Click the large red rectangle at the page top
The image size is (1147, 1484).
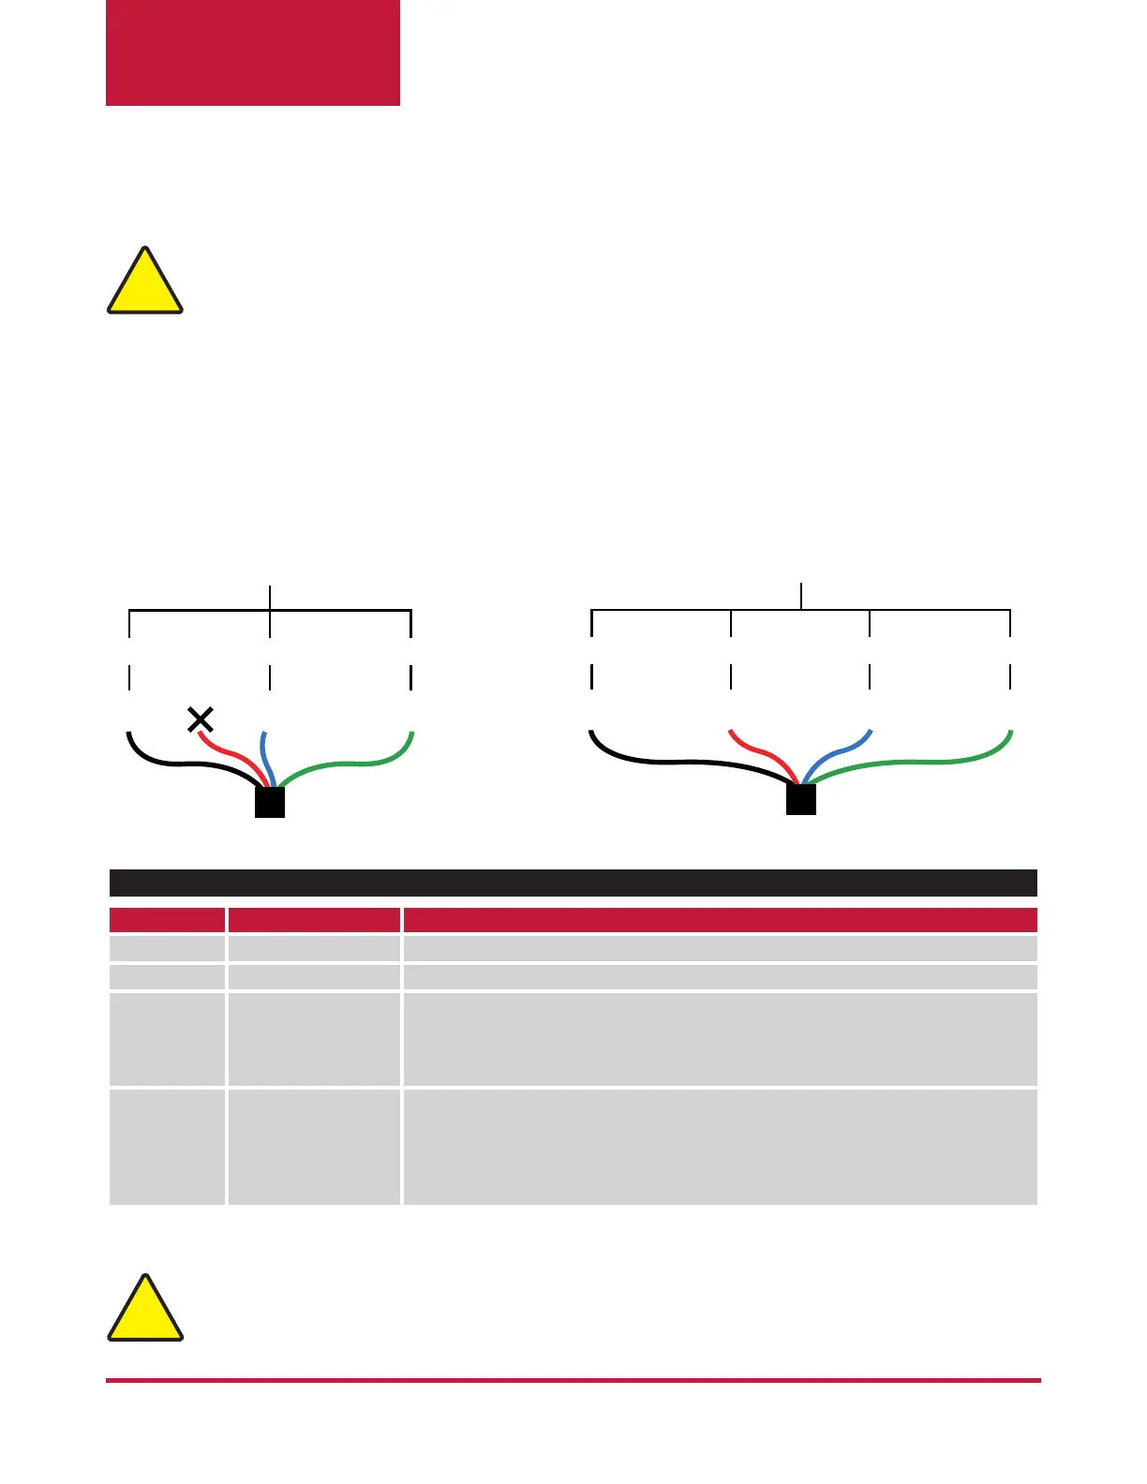click(x=253, y=52)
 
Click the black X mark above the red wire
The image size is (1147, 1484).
click(x=201, y=720)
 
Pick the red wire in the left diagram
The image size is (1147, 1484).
click(x=230, y=755)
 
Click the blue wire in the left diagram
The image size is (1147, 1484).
click(x=266, y=755)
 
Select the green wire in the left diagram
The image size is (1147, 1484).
click(x=356, y=763)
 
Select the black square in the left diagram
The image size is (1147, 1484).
click(x=270, y=803)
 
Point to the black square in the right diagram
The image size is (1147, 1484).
click(x=801, y=799)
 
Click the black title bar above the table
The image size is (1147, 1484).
click(x=573, y=883)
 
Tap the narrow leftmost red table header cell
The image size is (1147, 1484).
click(x=167, y=919)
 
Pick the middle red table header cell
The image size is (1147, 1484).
click(x=314, y=919)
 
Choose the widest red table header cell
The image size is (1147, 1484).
click(x=720, y=919)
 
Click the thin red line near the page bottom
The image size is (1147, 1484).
click(x=573, y=1380)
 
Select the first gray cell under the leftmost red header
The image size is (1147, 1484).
click(x=167, y=948)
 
